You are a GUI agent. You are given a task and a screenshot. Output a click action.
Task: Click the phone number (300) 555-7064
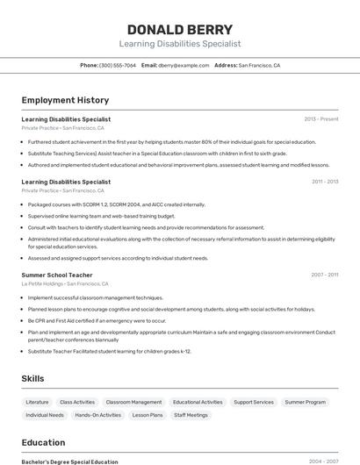[x=117, y=65]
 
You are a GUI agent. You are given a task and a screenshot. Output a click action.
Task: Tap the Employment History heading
[x=65, y=100]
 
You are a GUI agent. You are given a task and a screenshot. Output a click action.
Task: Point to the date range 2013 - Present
[x=320, y=118]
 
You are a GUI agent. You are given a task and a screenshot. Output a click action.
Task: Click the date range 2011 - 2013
[x=324, y=182]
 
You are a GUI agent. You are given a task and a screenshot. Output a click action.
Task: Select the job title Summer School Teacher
[x=57, y=275]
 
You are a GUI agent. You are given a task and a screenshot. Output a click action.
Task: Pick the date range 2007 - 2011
[x=324, y=275]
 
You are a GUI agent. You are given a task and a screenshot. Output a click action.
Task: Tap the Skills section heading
[x=33, y=378]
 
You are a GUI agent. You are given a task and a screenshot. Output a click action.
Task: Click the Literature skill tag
[x=39, y=402]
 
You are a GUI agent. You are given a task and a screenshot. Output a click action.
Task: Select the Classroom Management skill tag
[x=133, y=402]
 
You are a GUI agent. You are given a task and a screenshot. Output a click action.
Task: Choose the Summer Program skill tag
[x=305, y=402]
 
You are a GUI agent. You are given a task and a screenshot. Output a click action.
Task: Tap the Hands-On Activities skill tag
[x=98, y=415]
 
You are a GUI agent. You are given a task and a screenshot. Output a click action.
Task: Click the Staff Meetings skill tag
[x=191, y=415]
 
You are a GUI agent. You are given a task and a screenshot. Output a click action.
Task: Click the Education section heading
[x=43, y=442]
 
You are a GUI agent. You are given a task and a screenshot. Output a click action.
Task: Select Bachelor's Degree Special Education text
[x=69, y=461]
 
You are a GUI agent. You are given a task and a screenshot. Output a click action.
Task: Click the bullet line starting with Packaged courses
[x=116, y=204]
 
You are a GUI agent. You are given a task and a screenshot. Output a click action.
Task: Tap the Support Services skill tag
[x=254, y=402]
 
